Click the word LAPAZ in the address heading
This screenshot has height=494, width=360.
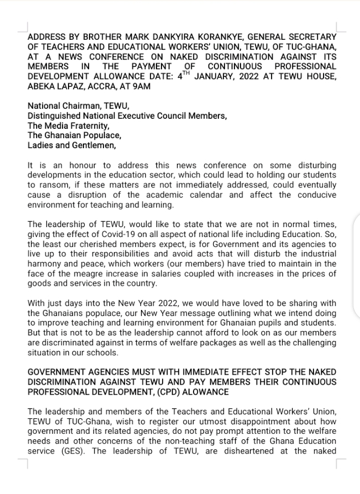(72, 87)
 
